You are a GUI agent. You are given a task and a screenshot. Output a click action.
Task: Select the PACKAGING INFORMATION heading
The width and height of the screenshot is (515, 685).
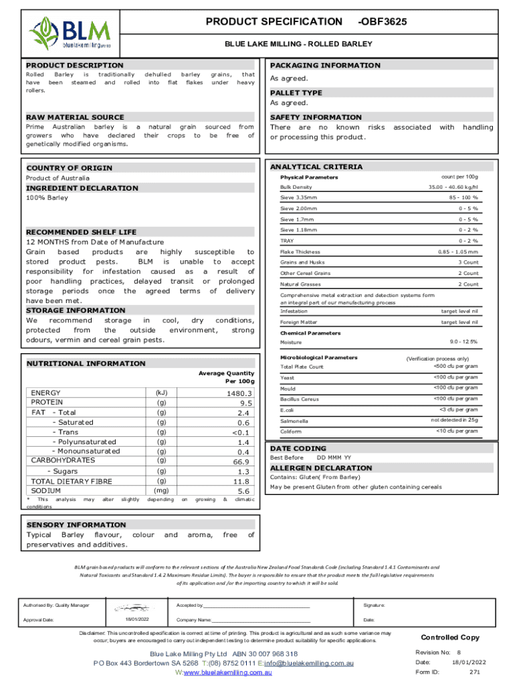click(x=325, y=66)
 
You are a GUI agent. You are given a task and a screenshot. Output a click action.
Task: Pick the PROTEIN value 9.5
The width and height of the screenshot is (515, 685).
click(x=245, y=403)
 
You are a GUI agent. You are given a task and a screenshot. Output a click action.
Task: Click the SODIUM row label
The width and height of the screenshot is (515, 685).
click(x=45, y=491)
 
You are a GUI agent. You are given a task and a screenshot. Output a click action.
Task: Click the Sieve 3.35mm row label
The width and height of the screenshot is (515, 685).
click(x=298, y=198)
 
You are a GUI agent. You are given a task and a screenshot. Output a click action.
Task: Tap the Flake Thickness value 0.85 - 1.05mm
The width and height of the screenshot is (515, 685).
click(x=457, y=252)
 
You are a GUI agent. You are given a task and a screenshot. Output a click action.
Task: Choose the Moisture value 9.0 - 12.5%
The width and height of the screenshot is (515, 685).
click(x=463, y=342)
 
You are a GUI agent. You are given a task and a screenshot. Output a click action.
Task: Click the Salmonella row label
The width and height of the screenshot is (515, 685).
click(x=294, y=421)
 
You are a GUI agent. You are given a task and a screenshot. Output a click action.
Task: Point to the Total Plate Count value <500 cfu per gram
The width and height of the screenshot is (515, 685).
click(x=455, y=366)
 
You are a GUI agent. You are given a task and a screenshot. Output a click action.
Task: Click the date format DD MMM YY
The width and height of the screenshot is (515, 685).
click(x=334, y=458)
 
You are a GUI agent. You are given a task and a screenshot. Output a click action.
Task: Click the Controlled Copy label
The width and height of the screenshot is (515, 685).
click(x=450, y=637)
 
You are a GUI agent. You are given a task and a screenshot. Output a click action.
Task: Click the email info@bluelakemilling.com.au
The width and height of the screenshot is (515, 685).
click(x=309, y=663)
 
